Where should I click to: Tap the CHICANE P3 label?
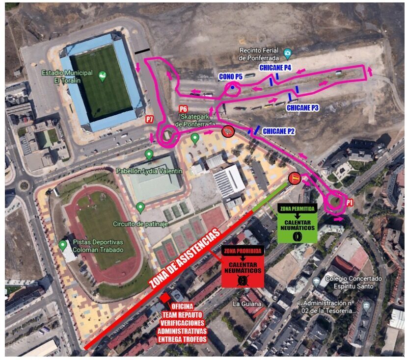tap(303, 107)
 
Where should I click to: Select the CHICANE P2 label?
tap(279, 131)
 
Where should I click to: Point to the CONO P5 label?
tap(230, 77)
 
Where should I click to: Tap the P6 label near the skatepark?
tap(183, 109)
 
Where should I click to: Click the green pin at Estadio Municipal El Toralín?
tap(102, 76)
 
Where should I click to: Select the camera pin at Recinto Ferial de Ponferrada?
tap(288, 53)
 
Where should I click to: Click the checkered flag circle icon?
tap(228, 131)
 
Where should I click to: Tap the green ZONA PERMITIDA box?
tap(297, 223)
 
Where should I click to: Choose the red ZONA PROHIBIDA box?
tap(242, 266)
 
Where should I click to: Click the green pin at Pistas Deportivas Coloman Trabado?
tap(63, 245)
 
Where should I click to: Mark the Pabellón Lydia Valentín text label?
tap(149, 171)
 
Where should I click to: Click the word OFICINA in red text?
tap(184, 307)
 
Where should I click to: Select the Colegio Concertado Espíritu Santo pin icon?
tap(317, 282)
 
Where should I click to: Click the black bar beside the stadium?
tap(143, 51)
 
